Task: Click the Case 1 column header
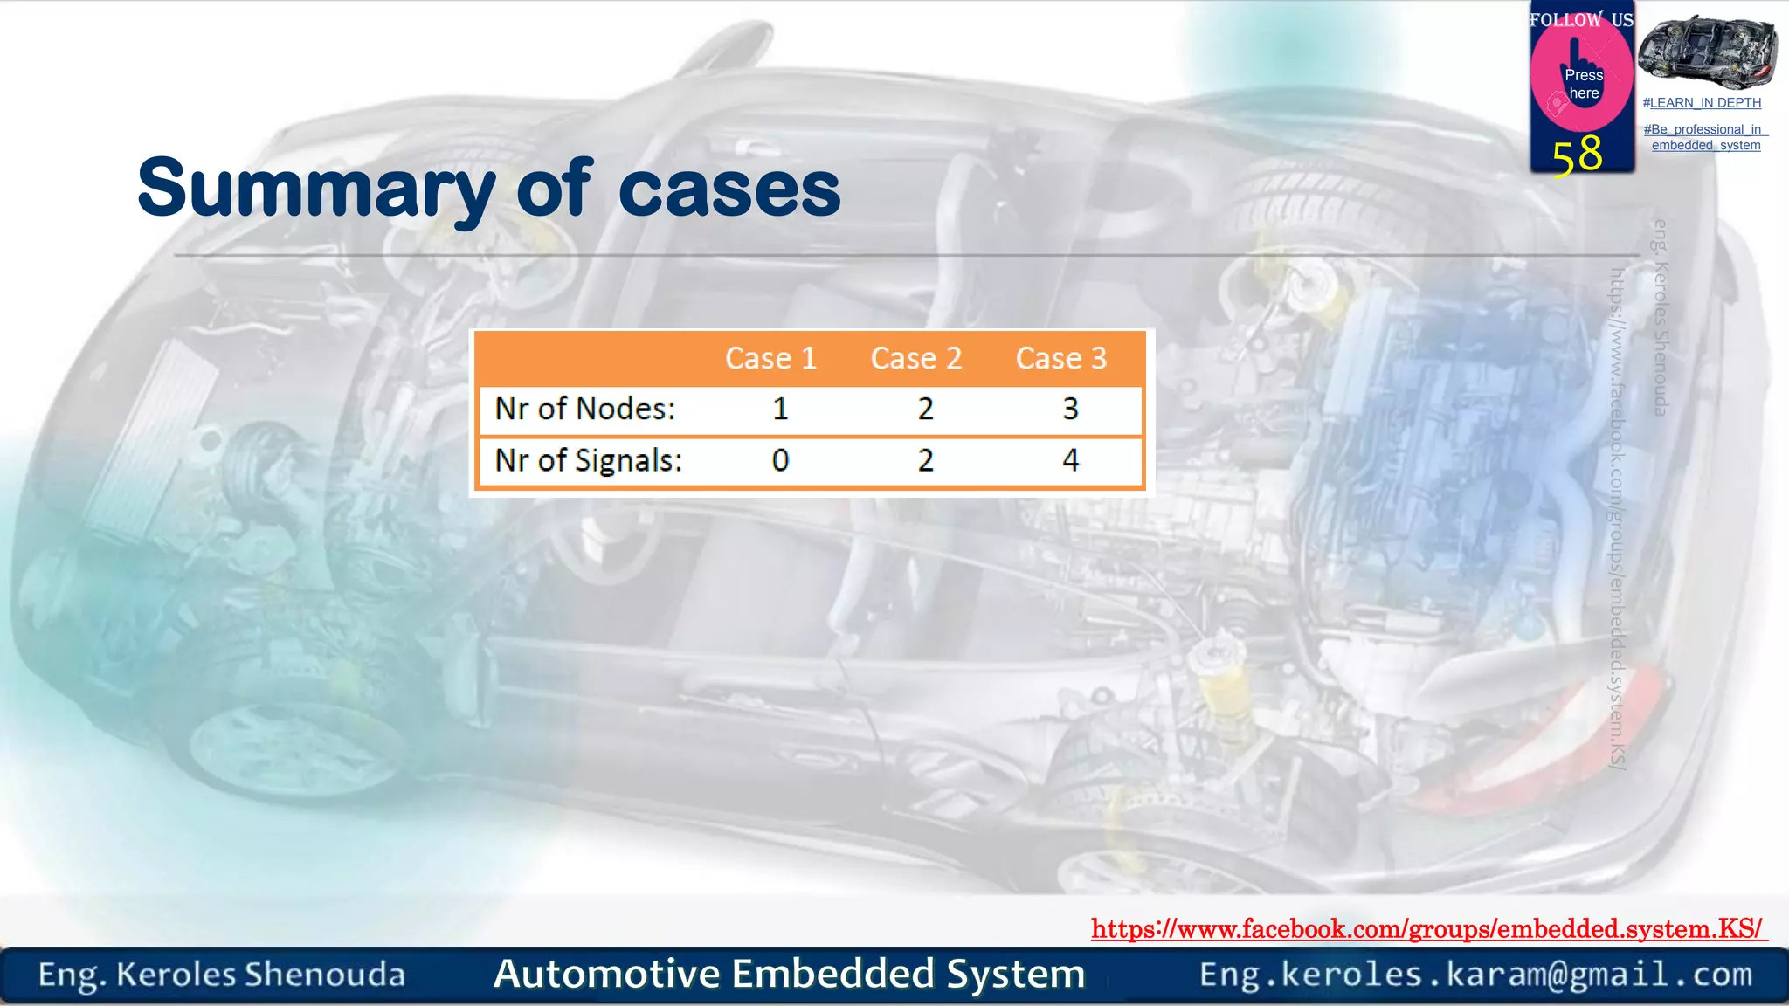coord(770,359)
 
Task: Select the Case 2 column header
coord(915,359)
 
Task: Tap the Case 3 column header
coord(1060,359)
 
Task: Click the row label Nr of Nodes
coord(585,409)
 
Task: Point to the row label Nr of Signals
coord(588,460)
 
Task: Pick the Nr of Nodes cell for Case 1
coord(780,409)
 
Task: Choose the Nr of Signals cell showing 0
coord(780,460)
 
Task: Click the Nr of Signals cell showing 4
coord(1070,460)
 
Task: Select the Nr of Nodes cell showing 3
coord(1070,409)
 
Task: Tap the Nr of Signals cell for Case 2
coord(925,460)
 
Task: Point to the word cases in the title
coord(729,190)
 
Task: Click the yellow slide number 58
coord(1577,155)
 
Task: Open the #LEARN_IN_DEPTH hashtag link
coord(1701,103)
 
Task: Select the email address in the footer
coord(1475,974)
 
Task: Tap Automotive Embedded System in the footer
coord(789,974)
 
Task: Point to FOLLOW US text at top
coord(1580,20)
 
